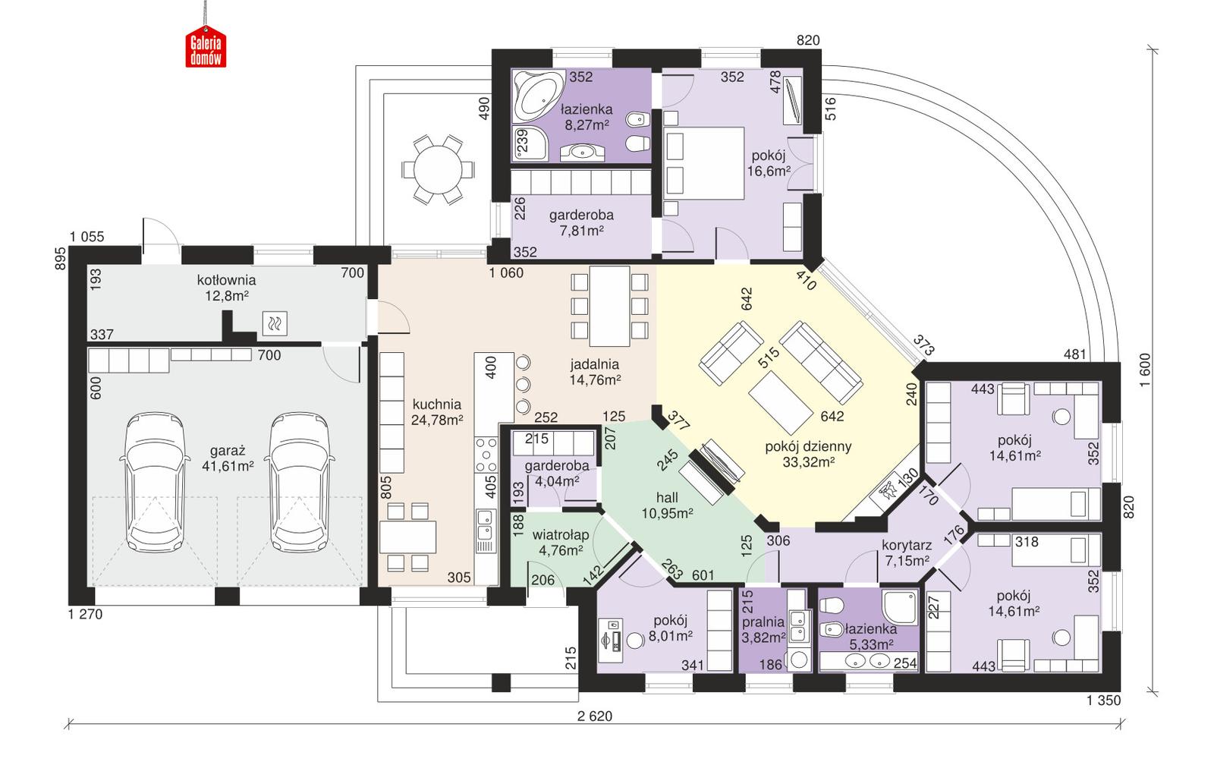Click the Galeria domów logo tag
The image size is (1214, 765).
[x=206, y=51]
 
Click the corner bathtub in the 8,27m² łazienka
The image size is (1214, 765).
[x=536, y=94]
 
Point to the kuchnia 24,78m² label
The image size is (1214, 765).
[x=436, y=411]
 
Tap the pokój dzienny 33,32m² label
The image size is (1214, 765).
[x=807, y=454]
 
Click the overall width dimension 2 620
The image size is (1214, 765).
[x=594, y=715]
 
